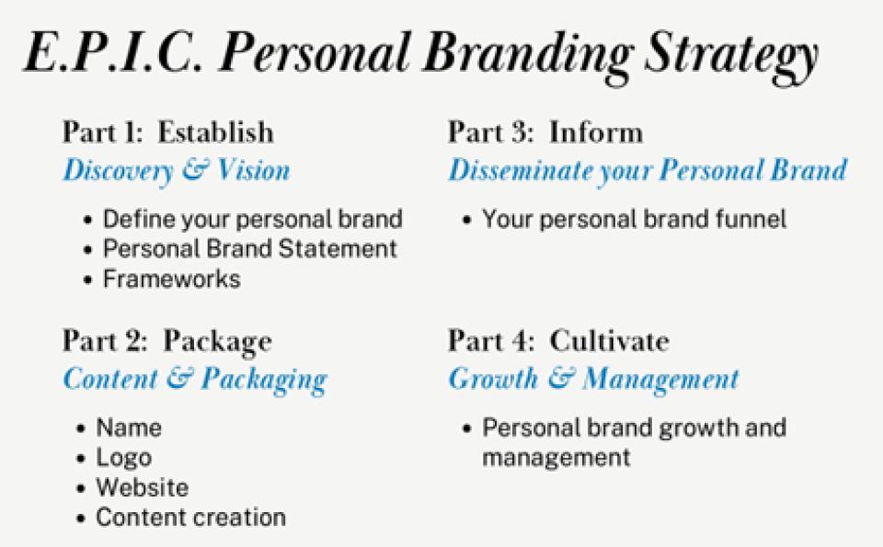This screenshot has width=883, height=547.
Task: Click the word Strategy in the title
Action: tap(731, 56)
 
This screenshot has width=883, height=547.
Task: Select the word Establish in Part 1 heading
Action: tap(215, 132)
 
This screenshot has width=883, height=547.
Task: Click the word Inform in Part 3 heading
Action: tap(596, 132)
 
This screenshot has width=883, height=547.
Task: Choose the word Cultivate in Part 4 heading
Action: tap(609, 341)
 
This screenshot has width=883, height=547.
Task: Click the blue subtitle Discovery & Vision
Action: tap(177, 171)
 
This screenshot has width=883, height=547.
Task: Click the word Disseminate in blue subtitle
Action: tap(521, 170)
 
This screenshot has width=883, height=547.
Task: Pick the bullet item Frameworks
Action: tap(171, 279)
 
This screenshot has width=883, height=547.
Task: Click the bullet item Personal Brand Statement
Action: tap(250, 249)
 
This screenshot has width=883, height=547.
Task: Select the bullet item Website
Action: tap(143, 487)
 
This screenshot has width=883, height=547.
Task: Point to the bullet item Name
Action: tap(129, 427)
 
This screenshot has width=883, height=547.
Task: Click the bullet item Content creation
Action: tap(191, 518)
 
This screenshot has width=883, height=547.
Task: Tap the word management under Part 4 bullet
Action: tap(556, 458)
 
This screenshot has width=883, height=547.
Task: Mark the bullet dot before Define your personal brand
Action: tap(87, 220)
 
